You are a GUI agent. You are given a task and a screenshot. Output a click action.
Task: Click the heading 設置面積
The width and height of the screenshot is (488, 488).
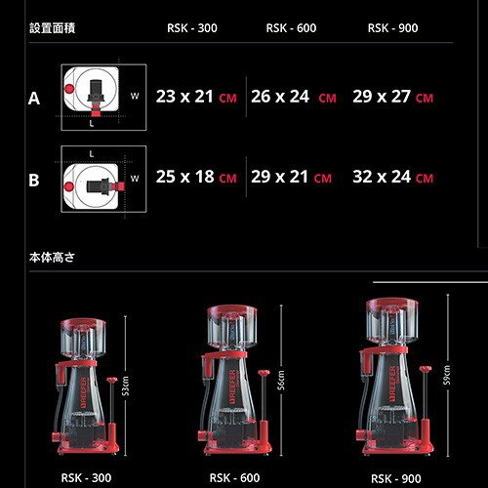click(x=53, y=28)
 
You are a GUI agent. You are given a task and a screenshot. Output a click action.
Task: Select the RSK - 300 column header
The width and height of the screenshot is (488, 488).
click(x=192, y=28)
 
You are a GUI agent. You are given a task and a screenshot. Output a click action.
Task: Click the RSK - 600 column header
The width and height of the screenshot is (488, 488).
click(x=291, y=28)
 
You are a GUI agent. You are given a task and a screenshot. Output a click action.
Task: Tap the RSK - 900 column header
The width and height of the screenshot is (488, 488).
click(x=392, y=28)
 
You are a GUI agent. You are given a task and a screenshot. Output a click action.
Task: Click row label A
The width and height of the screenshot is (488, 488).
click(x=34, y=98)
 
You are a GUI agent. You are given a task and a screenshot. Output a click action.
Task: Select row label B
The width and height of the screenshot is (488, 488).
click(x=34, y=180)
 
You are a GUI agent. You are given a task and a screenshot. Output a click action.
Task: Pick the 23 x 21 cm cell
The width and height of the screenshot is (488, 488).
click(x=196, y=97)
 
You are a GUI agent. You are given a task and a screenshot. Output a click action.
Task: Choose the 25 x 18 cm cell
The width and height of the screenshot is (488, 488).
click(x=196, y=178)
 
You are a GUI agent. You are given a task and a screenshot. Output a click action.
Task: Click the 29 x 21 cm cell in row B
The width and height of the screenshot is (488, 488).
click(x=291, y=178)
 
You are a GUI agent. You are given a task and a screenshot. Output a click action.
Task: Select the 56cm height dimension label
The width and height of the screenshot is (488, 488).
click(x=280, y=380)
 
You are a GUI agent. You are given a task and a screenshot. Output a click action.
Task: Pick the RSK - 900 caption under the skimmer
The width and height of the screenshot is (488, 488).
click(x=399, y=478)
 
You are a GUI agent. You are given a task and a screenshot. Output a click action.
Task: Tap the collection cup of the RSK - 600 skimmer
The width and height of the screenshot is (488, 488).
click(x=232, y=326)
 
